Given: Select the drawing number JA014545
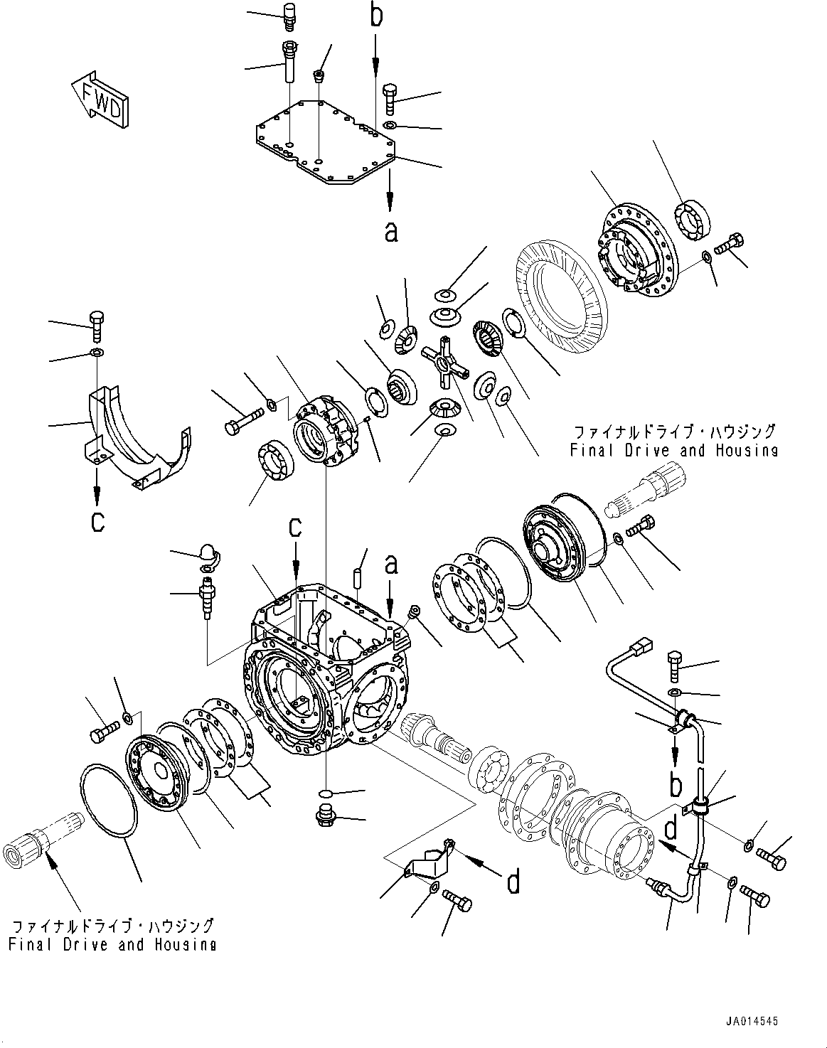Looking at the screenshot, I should tap(752, 1020).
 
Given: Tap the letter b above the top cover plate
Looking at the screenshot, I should tap(376, 16).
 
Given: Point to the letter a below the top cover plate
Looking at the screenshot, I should tap(390, 230).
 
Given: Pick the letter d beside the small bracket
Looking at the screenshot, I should tap(513, 882).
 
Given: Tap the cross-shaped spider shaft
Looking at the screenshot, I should tap(444, 364).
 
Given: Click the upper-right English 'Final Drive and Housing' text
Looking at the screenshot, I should tap(673, 449).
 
